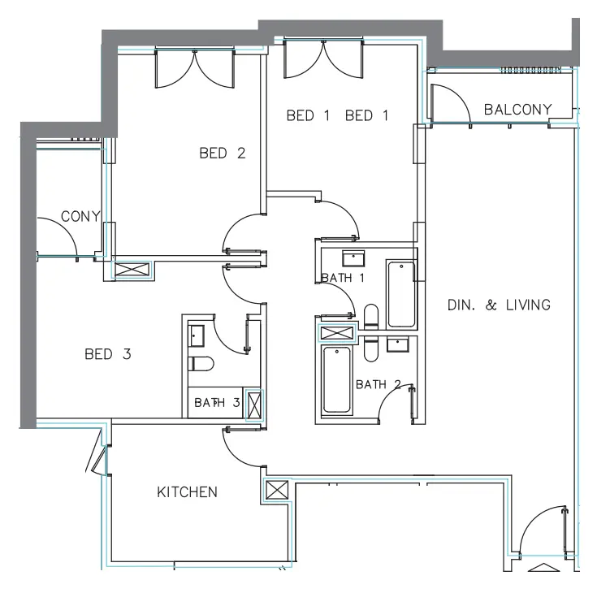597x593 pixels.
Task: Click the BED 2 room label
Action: pos(222,153)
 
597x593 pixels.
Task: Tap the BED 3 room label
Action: pos(108,354)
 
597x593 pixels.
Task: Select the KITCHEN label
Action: pos(187,492)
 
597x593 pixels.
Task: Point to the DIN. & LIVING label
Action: pos(499,305)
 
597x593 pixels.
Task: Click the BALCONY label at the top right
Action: pos(517,110)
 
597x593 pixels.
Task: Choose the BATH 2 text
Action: pos(379,384)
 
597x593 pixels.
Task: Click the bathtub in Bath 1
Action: pos(400,293)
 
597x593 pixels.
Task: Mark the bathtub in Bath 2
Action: pos(336,380)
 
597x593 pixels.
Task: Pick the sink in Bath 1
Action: pos(353,258)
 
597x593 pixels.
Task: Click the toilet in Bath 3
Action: pos(200,363)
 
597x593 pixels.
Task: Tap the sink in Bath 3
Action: pos(197,333)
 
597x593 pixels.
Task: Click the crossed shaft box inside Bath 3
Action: pos(254,404)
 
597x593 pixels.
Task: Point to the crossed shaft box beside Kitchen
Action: pos(276,491)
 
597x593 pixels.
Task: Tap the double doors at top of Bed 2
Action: pos(195,68)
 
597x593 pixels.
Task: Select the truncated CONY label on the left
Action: pos(80,217)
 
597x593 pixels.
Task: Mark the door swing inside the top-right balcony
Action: pos(448,102)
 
